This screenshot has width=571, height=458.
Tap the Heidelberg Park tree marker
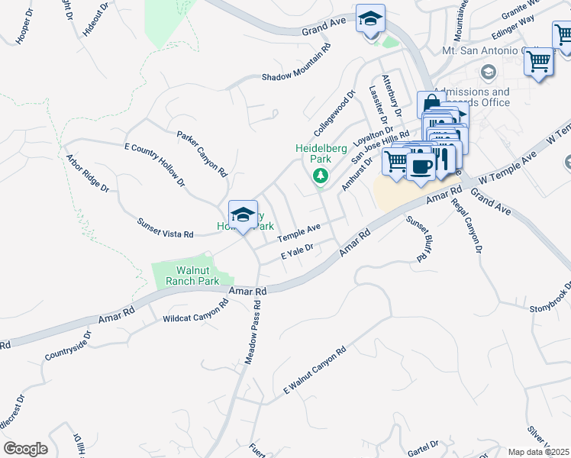click(x=321, y=176)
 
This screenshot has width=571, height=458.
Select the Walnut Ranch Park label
click(x=187, y=276)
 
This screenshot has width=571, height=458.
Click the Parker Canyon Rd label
click(x=202, y=153)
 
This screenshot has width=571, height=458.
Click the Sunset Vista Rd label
click(x=165, y=228)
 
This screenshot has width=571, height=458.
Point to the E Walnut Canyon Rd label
click(x=315, y=370)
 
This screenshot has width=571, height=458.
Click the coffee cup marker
click(x=421, y=166)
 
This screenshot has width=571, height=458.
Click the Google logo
click(x=25, y=449)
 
